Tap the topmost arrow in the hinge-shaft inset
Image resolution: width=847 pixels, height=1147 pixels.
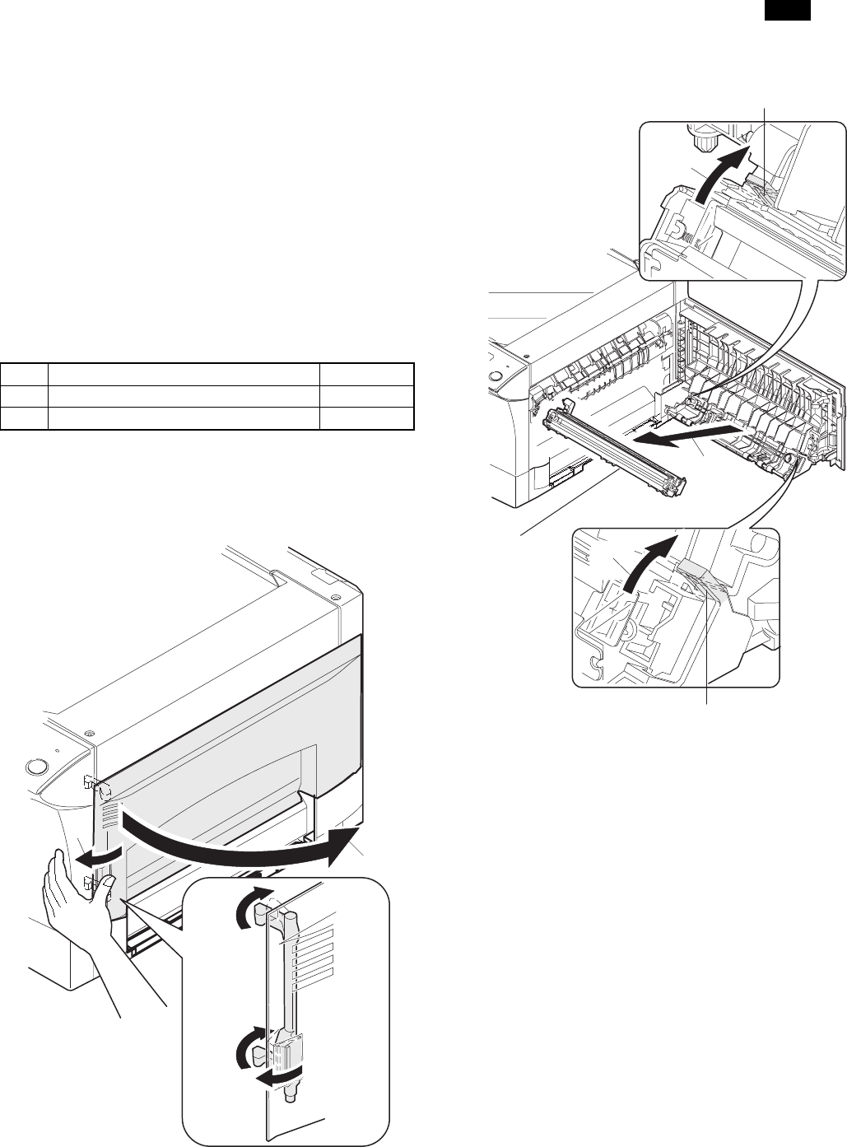click(x=249, y=909)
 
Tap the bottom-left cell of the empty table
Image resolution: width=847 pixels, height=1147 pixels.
click(x=24, y=418)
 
